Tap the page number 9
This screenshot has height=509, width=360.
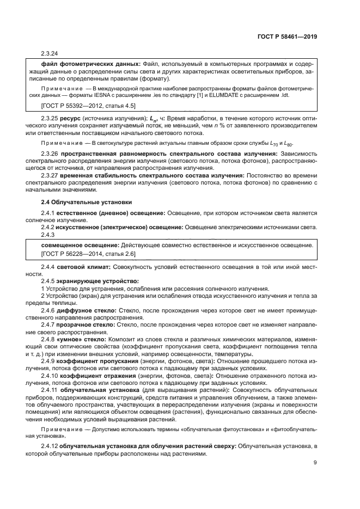(315, 463)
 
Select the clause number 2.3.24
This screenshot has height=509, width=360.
(50, 53)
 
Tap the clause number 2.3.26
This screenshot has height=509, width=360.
(50, 154)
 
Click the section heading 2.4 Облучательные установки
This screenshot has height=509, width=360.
(86, 201)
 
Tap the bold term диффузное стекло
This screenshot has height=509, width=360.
(87, 309)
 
